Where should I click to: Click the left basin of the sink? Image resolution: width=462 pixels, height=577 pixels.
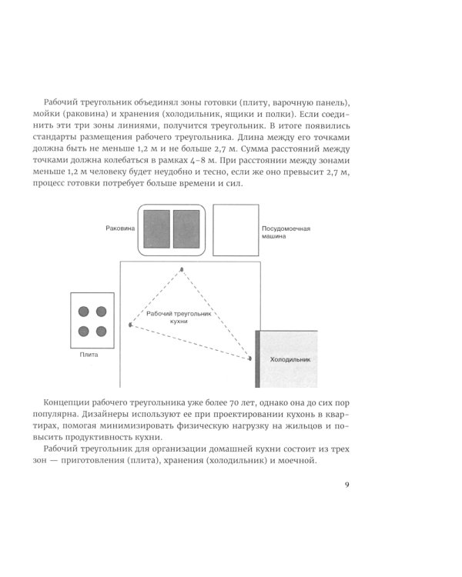tap(157, 228)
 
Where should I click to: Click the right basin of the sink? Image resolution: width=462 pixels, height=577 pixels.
tap(186, 228)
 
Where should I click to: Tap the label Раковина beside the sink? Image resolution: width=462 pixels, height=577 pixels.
tap(121, 228)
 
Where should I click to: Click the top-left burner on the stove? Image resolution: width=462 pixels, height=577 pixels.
tap(84, 312)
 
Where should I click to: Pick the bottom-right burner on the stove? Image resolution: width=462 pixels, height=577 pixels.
tap(102, 331)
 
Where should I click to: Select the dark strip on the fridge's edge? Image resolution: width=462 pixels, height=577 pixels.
tap(256, 359)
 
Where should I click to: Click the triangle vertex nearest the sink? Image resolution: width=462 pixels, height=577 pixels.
tap(182, 268)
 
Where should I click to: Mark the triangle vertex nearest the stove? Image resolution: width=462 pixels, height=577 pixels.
tap(131, 325)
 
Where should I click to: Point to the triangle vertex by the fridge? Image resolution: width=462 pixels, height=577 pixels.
tap(249, 358)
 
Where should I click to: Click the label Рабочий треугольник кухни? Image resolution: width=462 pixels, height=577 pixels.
tap(178, 319)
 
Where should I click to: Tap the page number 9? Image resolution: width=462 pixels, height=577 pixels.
tap(348, 485)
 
